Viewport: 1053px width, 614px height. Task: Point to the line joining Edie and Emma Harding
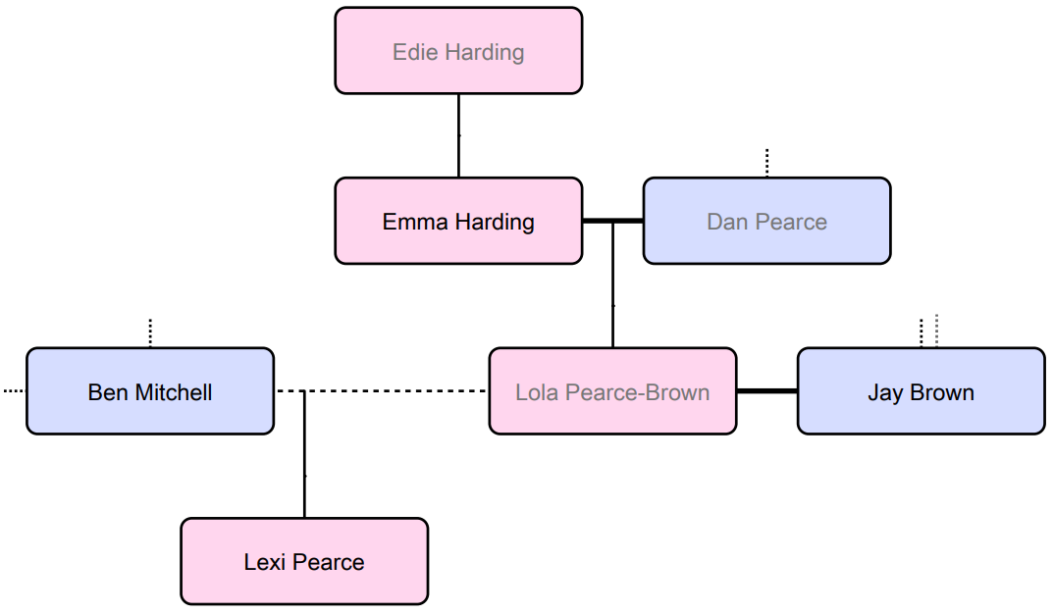point(458,135)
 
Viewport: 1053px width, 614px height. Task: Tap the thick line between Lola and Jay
point(766,391)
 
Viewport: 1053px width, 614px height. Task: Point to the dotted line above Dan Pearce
point(766,163)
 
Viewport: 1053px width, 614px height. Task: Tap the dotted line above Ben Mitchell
point(150,333)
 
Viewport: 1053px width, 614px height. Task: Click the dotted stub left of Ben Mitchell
point(14,391)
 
